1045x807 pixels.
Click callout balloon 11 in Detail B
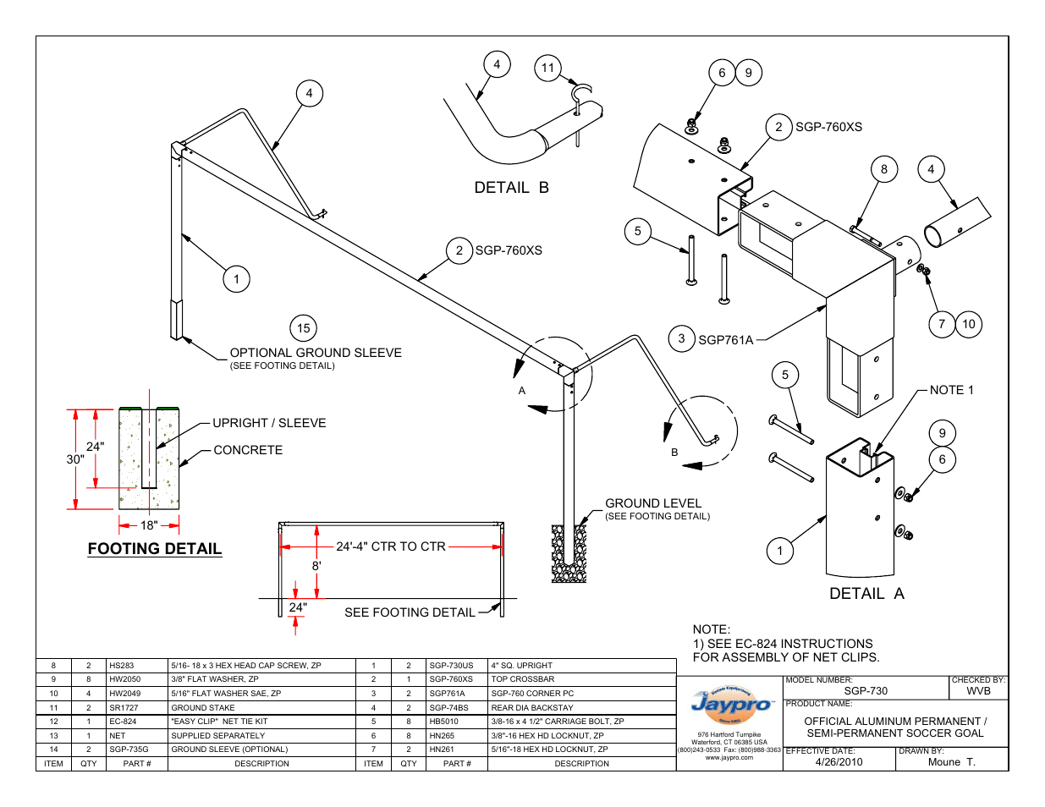[x=548, y=68]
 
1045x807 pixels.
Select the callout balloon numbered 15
[x=304, y=328]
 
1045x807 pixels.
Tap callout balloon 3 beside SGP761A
[x=682, y=338]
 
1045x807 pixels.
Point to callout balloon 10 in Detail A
[x=969, y=324]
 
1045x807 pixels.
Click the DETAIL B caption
[x=511, y=188]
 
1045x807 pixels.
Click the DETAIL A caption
[x=866, y=594]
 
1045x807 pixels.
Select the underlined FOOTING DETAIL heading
[x=155, y=549]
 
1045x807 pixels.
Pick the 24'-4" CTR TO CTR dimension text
[x=391, y=546]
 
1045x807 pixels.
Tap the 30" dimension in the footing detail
[x=75, y=459]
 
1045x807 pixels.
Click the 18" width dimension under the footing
[x=149, y=525]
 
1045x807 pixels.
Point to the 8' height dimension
[x=316, y=566]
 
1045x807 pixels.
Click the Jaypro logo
[x=730, y=704]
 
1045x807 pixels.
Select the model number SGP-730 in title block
[x=866, y=691]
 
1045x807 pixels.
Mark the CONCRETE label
[x=248, y=450]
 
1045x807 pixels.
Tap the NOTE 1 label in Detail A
[x=951, y=390]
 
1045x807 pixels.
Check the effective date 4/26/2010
[x=839, y=762]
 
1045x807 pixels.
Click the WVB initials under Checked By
[x=978, y=691]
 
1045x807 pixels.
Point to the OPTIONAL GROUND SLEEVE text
[x=316, y=353]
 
